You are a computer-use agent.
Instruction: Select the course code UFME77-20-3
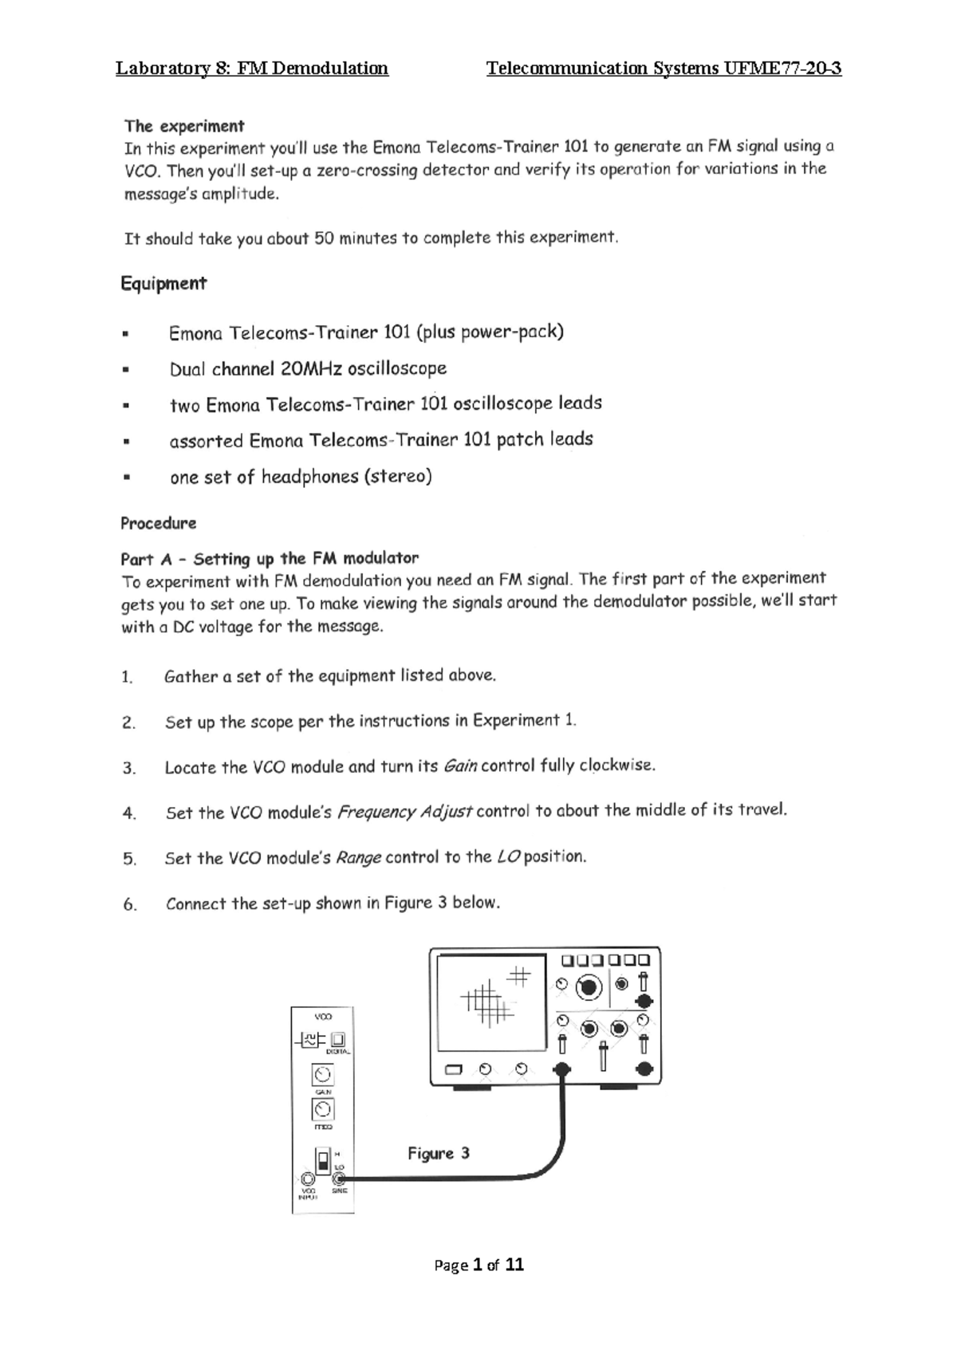pyautogui.click(x=782, y=68)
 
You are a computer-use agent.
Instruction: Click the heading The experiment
pyautogui.click(x=184, y=126)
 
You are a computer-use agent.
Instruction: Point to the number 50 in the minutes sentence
pyautogui.click(x=325, y=238)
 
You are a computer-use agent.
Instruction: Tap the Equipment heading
pyautogui.click(x=163, y=283)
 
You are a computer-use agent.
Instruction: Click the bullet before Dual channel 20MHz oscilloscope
pyautogui.click(x=126, y=370)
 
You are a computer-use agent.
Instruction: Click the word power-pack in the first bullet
pyautogui.click(x=518, y=332)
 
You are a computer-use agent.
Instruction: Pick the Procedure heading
pyautogui.click(x=159, y=524)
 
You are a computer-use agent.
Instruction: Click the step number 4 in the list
pyautogui.click(x=129, y=813)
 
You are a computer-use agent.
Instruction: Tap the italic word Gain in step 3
pyautogui.click(x=460, y=766)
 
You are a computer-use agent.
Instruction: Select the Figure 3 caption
pyautogui.click(x=439, y=1153)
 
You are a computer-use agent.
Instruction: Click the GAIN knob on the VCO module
pyautogui.click(x=322, y=1075)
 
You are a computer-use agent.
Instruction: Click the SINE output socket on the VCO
pyautogui.click(x=340, y=1179)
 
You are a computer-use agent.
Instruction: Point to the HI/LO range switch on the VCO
pyautogui.click(x=323, y=1158)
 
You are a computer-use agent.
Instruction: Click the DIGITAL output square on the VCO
pyautogui.click(x=339, y=1039)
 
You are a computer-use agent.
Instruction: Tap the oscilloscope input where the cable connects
pyautogui.click(x=563, y=1069)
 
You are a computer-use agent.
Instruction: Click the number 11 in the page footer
pyautogui.click(x=514, y=1265)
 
